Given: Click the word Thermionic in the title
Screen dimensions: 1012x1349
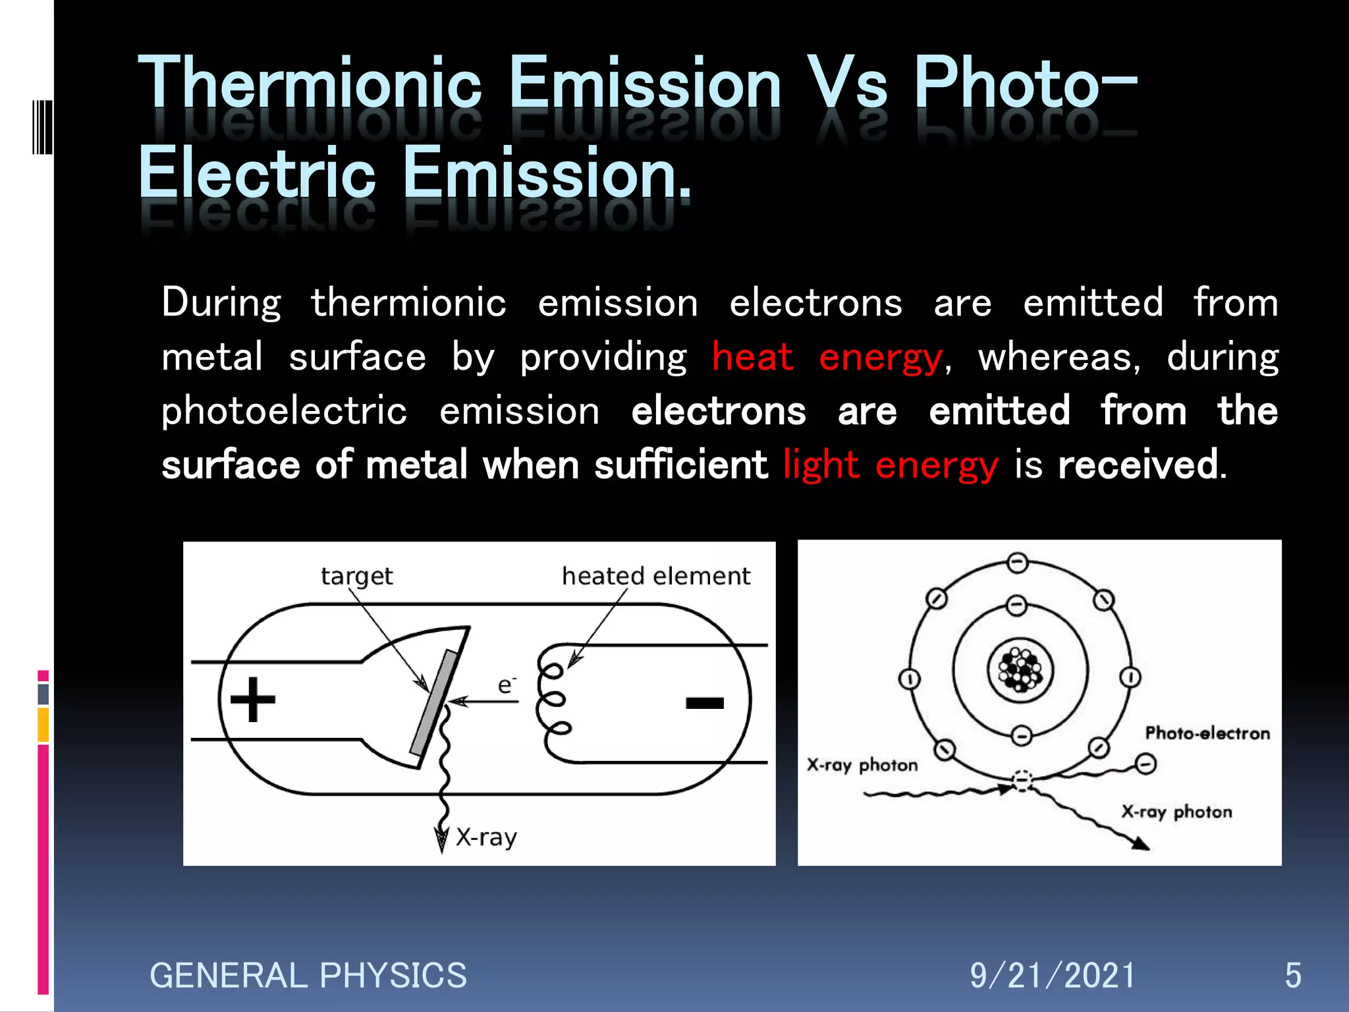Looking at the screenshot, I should point(310,84).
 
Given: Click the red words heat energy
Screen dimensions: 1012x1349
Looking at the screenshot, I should point(827,358).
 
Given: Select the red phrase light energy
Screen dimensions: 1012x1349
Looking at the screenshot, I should point(891,465).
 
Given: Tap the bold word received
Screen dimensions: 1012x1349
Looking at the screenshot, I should point(1138,465).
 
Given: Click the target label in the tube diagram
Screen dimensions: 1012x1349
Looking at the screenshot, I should point(356,576).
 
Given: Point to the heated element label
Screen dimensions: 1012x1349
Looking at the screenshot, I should point(655,576).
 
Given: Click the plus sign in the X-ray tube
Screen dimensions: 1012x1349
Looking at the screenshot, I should point(253,699).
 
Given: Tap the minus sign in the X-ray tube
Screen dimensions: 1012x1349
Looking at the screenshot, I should point(705,703).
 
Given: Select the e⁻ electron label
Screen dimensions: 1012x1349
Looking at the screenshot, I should point(506,685).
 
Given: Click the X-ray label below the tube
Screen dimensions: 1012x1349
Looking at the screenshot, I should point(486,837).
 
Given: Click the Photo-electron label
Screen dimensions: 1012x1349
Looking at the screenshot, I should point(1207,733).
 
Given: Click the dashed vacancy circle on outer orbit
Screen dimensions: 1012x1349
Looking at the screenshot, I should point(1022,780).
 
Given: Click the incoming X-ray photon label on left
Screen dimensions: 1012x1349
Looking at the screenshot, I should point(862,765).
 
